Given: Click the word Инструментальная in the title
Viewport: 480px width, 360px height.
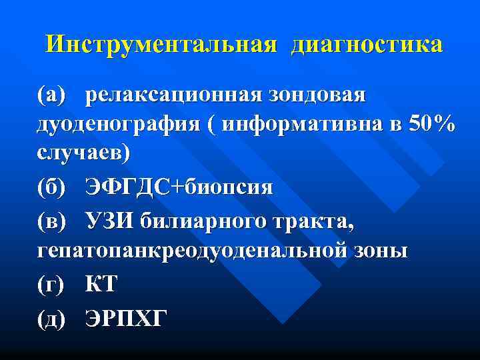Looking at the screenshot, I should point(161,45).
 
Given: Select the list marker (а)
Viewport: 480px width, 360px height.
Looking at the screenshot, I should point(53,95).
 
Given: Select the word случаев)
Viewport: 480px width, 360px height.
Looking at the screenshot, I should point(83,153).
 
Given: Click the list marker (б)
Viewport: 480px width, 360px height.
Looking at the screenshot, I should point(53,187).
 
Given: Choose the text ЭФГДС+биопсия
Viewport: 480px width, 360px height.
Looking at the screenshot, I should point(179,187).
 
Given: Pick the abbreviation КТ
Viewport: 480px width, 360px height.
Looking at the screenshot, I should point(101,285).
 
